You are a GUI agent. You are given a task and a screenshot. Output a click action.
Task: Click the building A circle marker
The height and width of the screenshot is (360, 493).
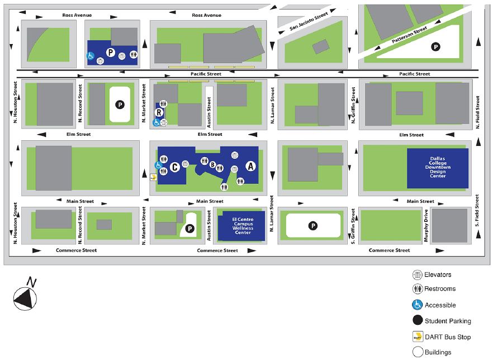pyautogui.click(x=250, y=166)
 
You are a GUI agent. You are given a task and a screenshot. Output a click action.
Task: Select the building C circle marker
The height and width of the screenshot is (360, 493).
pyautogui.click(x=175, y=167)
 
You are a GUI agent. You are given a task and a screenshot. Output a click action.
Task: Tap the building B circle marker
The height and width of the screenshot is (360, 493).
pyautogui.click(x=212, y=164)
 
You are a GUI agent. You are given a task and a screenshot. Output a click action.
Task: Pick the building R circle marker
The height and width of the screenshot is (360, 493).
pyautogui.click(x=159, y=112)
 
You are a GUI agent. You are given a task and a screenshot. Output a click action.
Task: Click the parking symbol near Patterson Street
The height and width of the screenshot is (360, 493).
pyautogui.click(x=434, y=48)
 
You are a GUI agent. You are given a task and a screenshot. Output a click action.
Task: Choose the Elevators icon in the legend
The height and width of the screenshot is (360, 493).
pyautogui.click(x=416, y=274)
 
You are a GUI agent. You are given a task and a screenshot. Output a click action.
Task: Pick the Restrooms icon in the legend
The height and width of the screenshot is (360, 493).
pyautogui.click(x=416, y=289)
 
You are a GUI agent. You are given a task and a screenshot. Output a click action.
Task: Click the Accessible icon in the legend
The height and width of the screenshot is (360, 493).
pyautogui.click(x=416, y=305)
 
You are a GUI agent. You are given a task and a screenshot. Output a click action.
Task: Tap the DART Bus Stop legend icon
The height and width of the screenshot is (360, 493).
pyautogui.click(x=416, y=337)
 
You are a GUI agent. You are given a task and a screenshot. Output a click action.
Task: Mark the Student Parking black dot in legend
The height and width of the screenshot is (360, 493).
pyautogui.click(x=416, y=321)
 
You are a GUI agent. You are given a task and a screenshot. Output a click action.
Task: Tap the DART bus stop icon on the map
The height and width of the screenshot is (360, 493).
pyautogui.click(x=152, y=178)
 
